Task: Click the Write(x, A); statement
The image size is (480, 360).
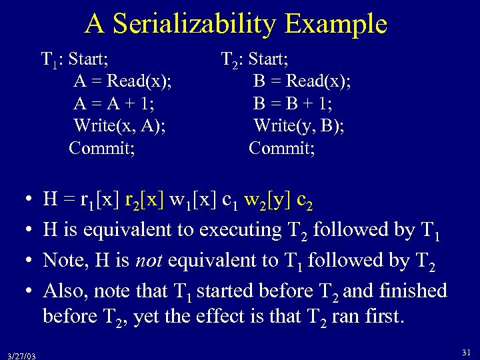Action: (120, 125)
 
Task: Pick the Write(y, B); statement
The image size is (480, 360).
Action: (299, 125)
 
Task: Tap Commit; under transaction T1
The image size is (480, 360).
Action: (102, 147)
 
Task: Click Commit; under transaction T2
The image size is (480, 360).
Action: (282, 147)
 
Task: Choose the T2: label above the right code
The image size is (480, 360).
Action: (233, 60)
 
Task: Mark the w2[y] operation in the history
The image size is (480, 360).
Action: (267, 199)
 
